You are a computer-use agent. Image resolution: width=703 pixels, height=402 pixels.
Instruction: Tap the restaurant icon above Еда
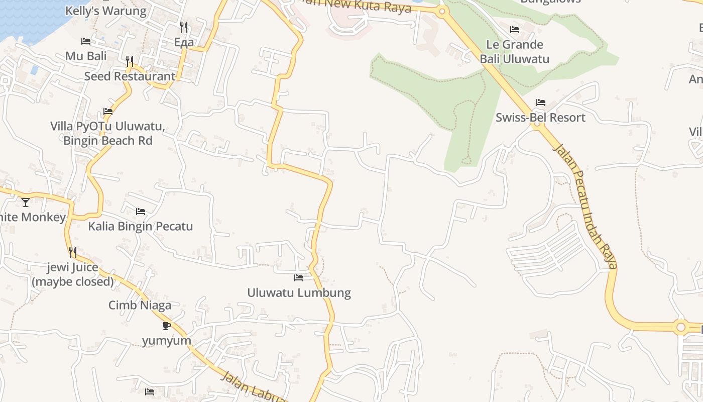[x=184, y=27]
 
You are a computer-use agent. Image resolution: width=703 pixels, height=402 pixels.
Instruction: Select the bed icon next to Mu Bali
[x=86, y=41]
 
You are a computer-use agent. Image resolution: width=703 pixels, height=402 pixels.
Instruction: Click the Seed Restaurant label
[x=130, y=76]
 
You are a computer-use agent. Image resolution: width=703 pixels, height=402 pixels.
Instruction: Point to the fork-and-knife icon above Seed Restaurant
[x=130, y=61]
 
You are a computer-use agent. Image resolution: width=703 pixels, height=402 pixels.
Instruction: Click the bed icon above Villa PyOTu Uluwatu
[x=107, y=112]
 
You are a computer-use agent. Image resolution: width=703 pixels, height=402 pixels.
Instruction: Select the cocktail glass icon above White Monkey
[x=26, y=203]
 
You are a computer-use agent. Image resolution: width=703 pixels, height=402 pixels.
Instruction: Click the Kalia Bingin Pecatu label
[x=140, y=226]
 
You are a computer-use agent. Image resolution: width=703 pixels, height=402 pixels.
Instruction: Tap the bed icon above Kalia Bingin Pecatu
[x=140, y=212]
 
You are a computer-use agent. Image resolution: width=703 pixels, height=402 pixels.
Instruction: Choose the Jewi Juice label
[x=73, y=274]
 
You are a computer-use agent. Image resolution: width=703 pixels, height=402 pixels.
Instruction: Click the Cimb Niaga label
[x=140, y=305]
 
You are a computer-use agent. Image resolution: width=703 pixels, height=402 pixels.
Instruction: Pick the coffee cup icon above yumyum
[x=167, y=326]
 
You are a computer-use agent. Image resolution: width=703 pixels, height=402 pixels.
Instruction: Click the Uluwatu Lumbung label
[x=299, y=292]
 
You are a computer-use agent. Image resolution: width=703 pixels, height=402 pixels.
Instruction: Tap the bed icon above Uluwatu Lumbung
[x=299, y=278]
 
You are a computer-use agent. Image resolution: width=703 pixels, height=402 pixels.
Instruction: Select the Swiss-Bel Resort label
[x=540, y=118]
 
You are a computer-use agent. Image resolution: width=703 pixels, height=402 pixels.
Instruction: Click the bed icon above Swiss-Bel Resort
[x=540, y=103]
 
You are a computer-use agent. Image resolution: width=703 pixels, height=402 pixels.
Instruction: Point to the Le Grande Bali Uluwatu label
[x=514, y=52]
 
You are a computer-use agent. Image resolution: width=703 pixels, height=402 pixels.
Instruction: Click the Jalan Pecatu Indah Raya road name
[x=585, y=206]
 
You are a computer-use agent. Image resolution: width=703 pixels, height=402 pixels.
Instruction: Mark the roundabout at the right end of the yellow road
[x=680, y=327]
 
